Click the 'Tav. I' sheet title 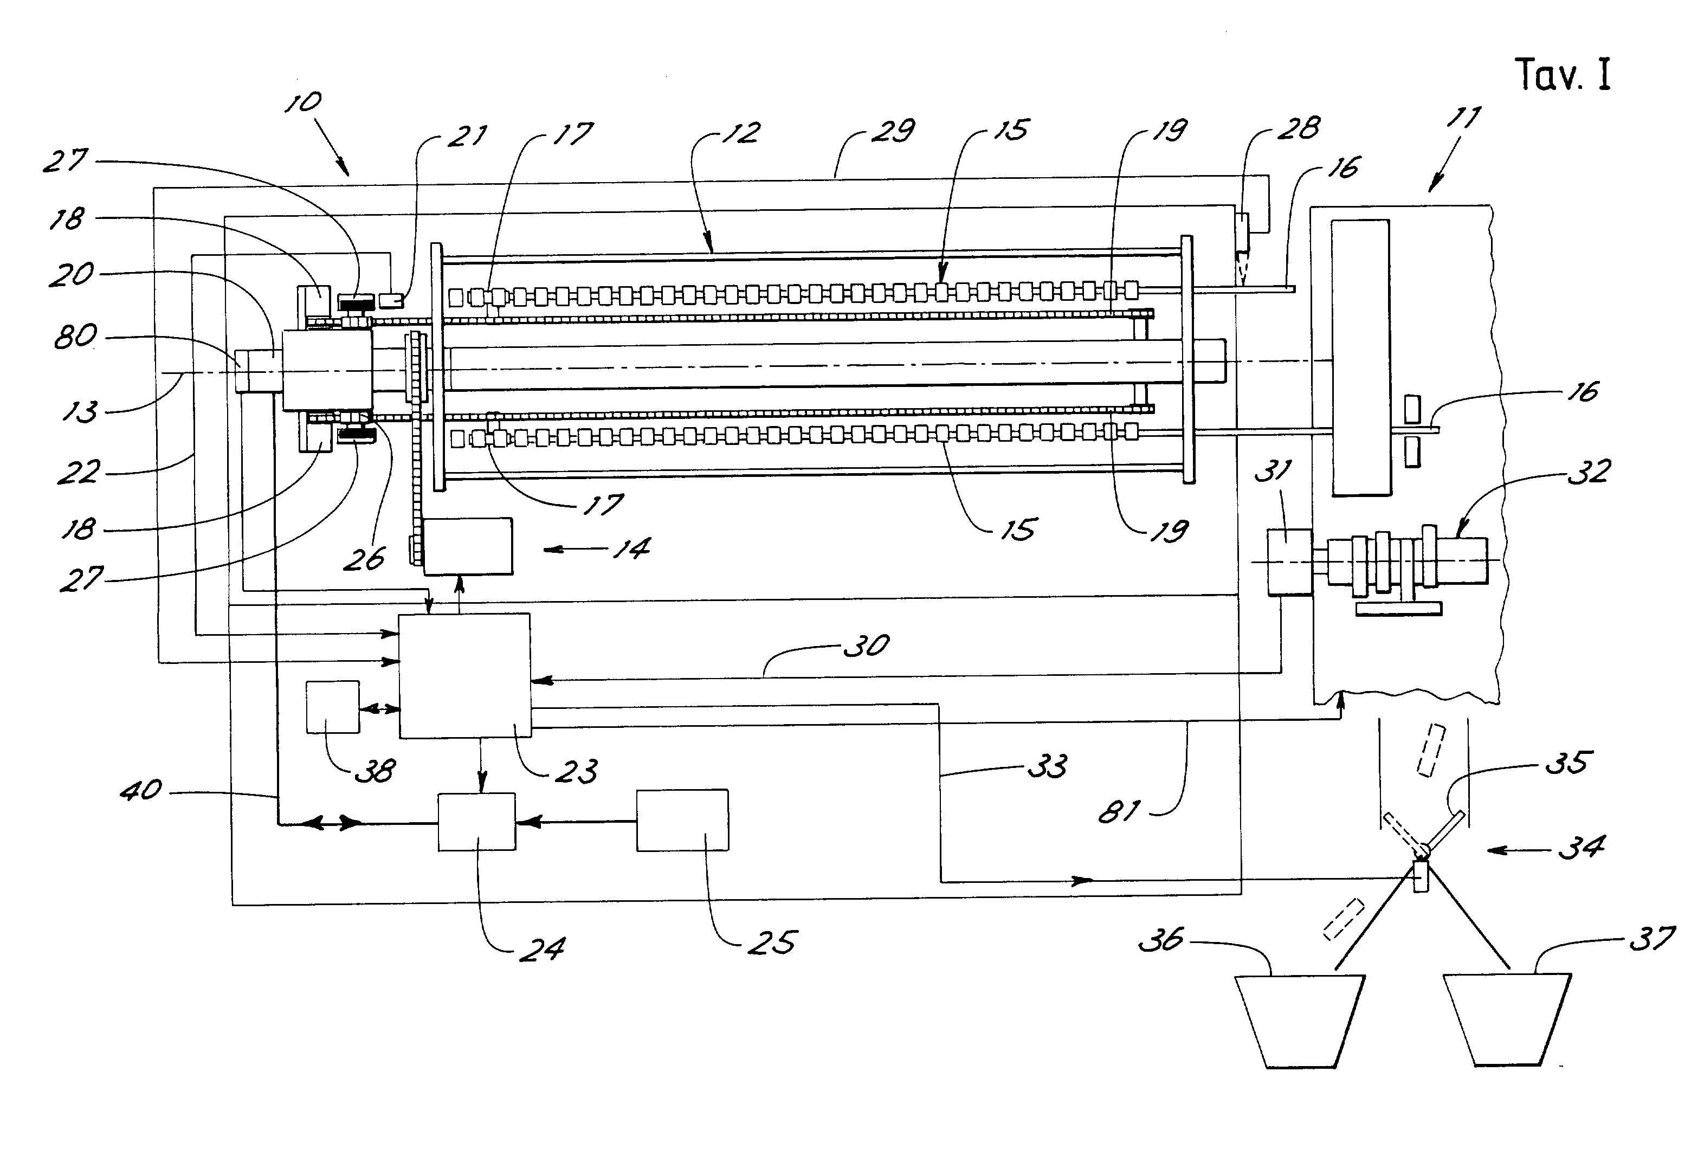(1563, 75)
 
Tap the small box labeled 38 (333, 707)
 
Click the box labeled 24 (476, 822)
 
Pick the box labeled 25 (682, 820)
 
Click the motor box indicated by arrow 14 (468, 546)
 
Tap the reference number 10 (302, 102)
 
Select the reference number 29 (893, 131)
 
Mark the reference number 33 (1047, 766)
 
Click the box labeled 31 (1289, 563)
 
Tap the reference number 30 (867, 646)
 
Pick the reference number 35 (1568, 763)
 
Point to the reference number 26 (364, 559)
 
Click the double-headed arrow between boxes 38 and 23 (379, 708)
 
